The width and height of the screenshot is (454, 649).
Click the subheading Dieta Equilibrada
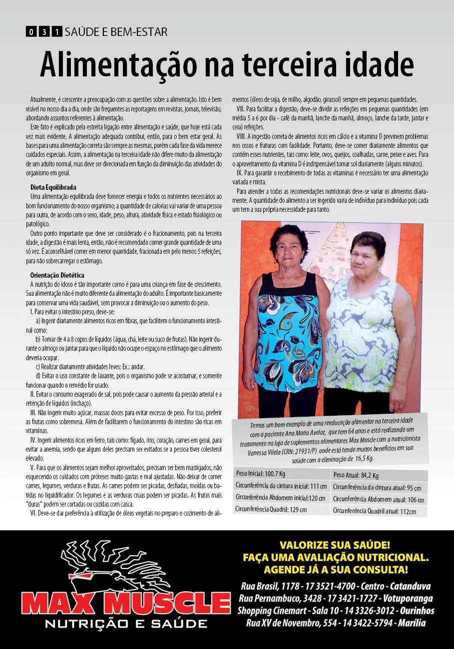(54, 187)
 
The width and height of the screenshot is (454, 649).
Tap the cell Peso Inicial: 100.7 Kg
(260, 473)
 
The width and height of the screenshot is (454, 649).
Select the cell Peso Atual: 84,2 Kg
(356, 475)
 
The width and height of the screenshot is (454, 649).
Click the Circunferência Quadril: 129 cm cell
(271, 509)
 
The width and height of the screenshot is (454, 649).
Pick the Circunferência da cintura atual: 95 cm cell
(377, 488)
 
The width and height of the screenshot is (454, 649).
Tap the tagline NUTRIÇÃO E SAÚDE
(126, 624)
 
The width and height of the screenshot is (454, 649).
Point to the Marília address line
(336, 623)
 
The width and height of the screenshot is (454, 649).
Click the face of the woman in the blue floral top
(290, 247)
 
